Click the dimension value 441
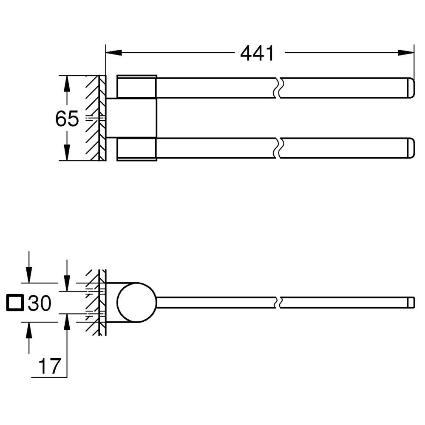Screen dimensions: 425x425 pos(257,53)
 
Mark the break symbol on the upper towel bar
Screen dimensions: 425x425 pos(278,88)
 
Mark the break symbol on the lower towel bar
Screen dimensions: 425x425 pos(278,147)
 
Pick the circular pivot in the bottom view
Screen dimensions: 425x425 pos(137,302)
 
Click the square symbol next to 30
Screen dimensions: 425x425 pos(15,303)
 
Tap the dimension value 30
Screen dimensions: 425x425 pos(40,303)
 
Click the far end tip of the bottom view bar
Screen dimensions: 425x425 pos(411,302)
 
